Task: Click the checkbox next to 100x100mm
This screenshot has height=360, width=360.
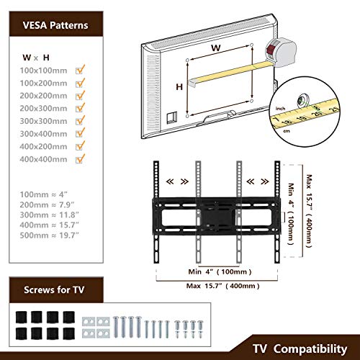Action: click(79, 71)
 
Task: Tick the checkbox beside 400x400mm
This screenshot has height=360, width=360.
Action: click(79, 159)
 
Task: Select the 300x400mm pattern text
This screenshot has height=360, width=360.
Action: click(43, 134)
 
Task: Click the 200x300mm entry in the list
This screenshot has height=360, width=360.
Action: click(43, 108)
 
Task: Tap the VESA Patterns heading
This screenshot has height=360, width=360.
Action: click(55, 25)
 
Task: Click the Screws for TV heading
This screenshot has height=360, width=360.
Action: click(54, 289)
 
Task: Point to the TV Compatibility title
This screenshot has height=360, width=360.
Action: click(300, 349)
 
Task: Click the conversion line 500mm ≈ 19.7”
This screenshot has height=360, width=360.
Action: click(49, 235)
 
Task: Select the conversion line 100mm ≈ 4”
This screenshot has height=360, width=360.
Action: click(43, 194)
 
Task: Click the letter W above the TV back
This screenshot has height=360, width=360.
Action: click(216, 48)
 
